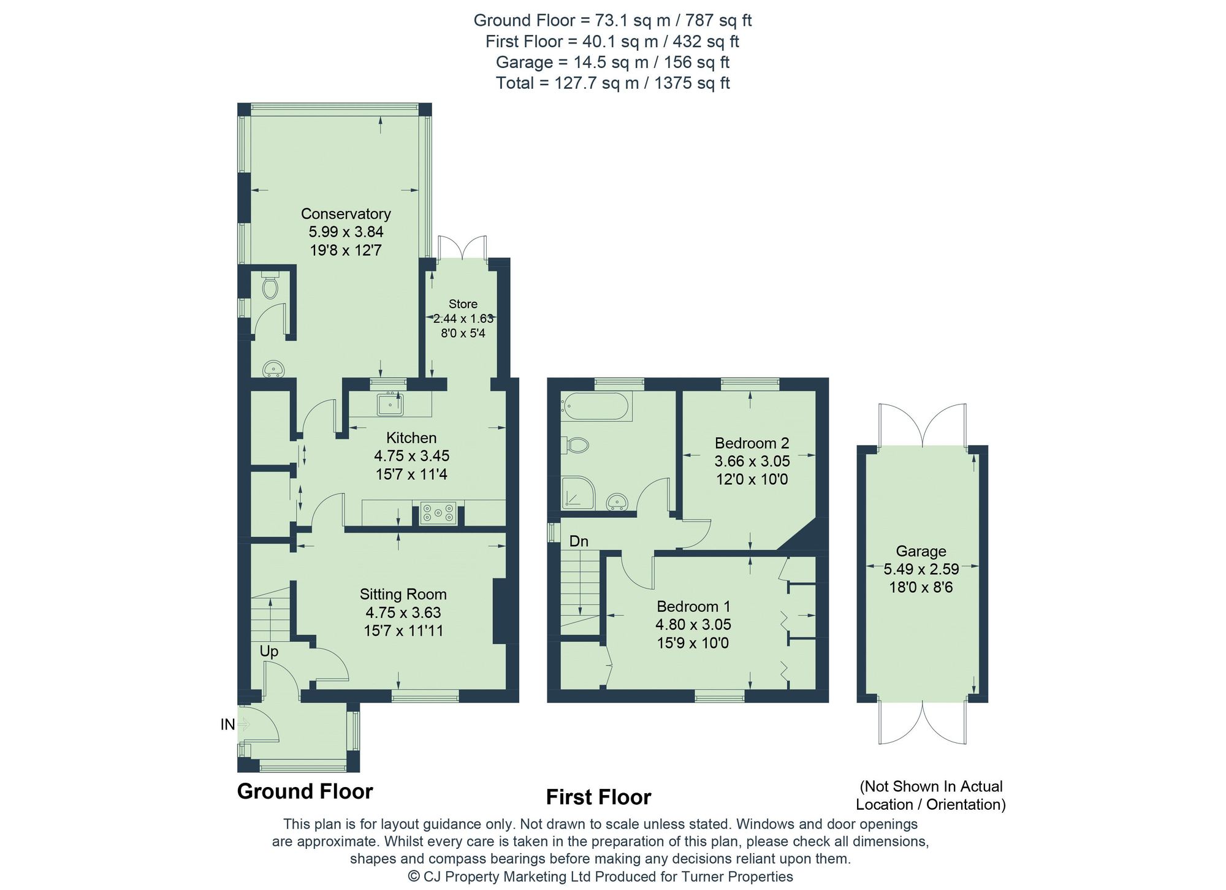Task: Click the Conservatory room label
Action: tap(346, 214)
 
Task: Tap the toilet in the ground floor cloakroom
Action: tap(270, 286)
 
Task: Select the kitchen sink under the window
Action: tap(390, 405)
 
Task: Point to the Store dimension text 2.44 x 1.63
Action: tap(463, 319)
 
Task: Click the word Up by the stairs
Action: tap(268, 651)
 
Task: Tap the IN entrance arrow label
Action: tap(228, 725)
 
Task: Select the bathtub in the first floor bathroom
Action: tap(596, 406)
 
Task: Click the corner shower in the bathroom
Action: tap(577, 493)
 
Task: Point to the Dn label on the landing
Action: tap(579, 541)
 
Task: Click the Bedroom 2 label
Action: tap(752, 443)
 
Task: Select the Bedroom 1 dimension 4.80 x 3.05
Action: tap(693, 625)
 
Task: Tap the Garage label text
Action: tap(921, 551)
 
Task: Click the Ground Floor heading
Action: tap(305, 791)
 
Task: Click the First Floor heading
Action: tap(598, 797)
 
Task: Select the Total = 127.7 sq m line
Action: tap(612, 83)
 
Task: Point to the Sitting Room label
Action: tap(403, 594)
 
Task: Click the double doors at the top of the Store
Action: tap(463, 248)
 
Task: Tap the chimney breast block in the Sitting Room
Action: tap(501, 610)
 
